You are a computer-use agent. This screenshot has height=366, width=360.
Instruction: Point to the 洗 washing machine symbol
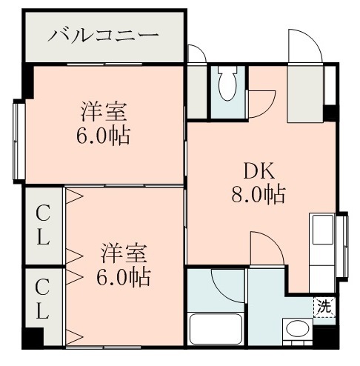point(324,305)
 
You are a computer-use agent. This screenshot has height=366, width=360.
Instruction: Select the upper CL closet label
point(44,226)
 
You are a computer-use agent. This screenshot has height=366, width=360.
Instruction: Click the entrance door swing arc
point(305,47)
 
